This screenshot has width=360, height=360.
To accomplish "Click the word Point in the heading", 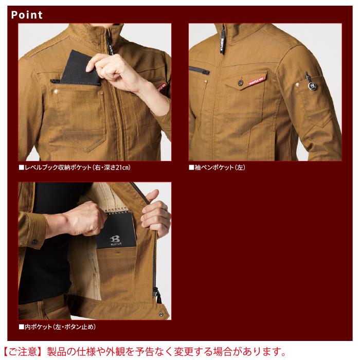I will pos(27,14).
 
